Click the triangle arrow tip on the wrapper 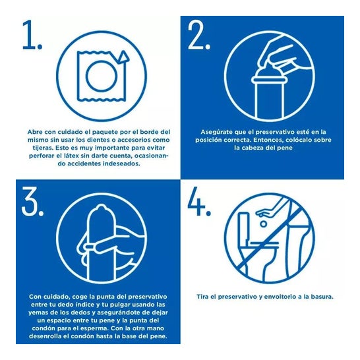pos(123,57)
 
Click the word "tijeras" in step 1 pos(42,148)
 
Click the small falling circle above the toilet pos(264,224)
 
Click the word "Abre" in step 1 pos(35,132)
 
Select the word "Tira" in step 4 pos(202,297)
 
